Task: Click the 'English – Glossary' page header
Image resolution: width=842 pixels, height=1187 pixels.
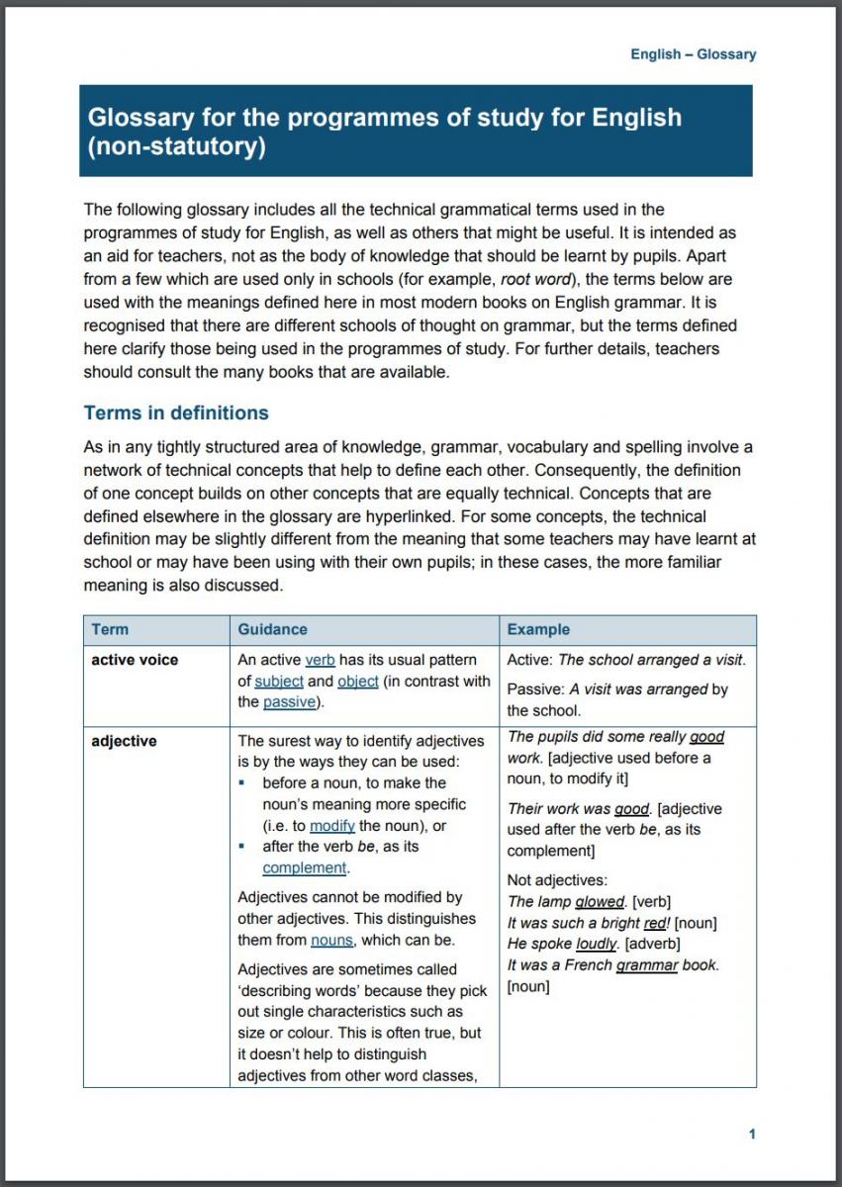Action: [x=693, y=54]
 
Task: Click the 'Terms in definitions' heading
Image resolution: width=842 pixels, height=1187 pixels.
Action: [x=176, y=412]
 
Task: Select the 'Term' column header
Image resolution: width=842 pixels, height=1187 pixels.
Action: [x=110, y=629]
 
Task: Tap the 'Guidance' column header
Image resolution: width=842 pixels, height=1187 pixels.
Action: [x=272, y=629]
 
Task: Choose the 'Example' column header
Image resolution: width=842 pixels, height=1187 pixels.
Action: [x=538, y=629]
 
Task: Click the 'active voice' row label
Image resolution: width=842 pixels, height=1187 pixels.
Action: [x=135, y=660]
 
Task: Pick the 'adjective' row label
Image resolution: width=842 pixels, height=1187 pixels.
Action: [x=124, y=740]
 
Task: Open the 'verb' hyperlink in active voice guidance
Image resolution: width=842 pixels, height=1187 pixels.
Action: [x=320, y=660]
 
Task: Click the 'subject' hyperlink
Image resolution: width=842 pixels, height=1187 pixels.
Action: [x=278, y=681]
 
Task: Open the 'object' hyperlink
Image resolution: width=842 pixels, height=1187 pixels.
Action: [x=357, y=681]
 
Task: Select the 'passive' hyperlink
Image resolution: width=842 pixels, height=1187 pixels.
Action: [x=289, y=702]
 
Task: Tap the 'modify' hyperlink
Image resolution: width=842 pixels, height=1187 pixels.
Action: [x=331, y=826]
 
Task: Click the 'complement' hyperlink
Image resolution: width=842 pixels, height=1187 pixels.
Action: [x=304, y=867]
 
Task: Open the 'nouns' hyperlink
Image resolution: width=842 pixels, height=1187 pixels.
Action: [x=332, y=940]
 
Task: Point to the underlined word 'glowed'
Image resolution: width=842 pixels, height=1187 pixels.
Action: [x=599, y=901]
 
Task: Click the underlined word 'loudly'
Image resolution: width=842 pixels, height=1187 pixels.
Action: [x=597, y=944]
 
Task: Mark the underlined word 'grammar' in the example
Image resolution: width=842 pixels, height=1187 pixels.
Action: [x=646, y=964]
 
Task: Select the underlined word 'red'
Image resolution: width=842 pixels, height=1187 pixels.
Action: [x=655, y=923]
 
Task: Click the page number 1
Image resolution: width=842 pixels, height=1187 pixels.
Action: [x=752, y=1134]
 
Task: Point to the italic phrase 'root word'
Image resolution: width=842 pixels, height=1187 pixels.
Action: [x=535, y=279]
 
